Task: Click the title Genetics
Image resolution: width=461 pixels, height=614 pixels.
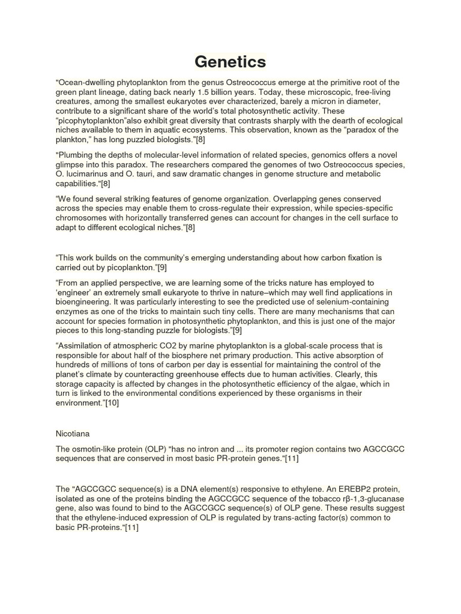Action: coord(230,62)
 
